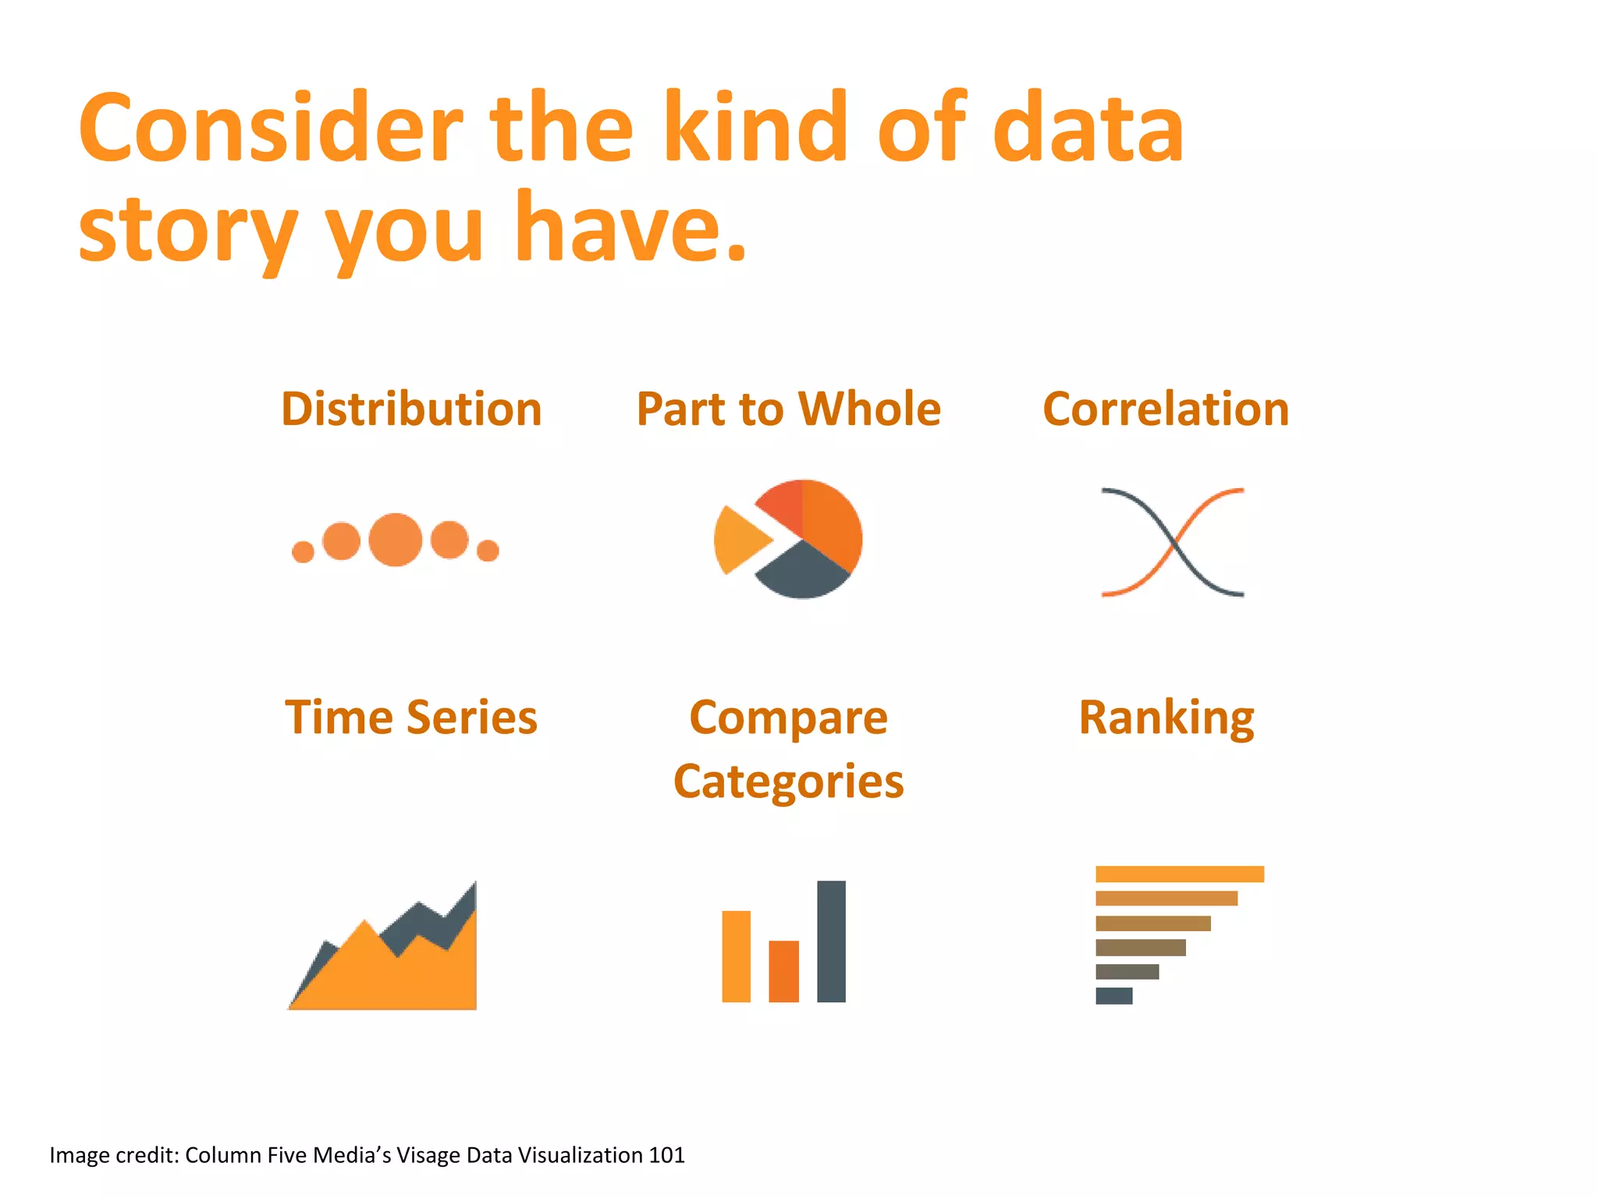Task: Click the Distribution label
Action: tap(411, 409)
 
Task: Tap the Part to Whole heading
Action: tap(788, 409)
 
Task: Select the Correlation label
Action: tap(1166, 409)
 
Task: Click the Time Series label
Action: tap(411, 717)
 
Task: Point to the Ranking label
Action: tap(1166, 717)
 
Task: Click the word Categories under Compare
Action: tap(788, 782)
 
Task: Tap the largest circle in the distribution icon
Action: tap(396, 540)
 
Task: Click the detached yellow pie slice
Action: tap(737, 539)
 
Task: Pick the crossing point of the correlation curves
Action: tap(1173, 542)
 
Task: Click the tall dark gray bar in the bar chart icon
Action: tap(831, 941)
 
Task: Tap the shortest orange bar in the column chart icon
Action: tap(783, 971)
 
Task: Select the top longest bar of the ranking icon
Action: tap(1179, 874)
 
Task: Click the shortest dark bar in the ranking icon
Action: tap(1113, 995)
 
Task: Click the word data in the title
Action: tap(1088, 129)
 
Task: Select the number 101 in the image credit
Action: tap(666, 1154)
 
